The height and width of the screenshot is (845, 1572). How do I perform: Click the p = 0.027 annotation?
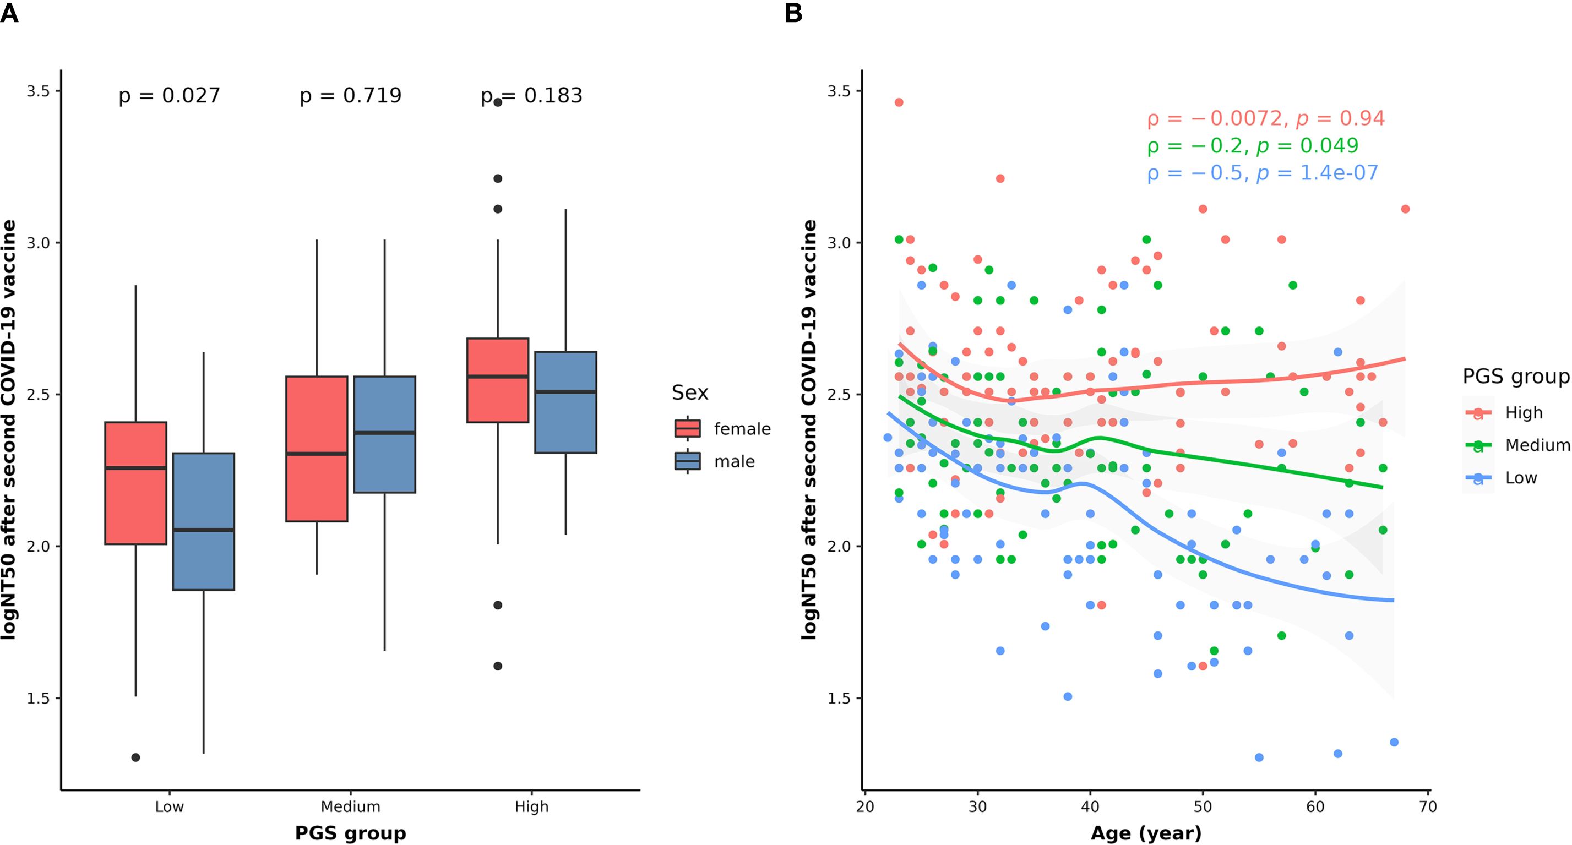coord(169,96)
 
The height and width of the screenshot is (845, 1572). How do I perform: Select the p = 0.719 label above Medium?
coord(350,96)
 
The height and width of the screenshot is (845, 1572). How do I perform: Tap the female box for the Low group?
coord(135,483)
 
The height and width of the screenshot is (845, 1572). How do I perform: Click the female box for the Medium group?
coord(317,449)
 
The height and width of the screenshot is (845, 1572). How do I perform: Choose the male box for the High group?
coord(565,402)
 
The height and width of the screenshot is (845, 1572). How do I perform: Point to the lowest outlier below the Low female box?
coord(135,757)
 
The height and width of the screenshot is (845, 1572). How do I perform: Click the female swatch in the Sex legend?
coord(688,428)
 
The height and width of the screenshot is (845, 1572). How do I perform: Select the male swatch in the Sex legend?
coord(688,461)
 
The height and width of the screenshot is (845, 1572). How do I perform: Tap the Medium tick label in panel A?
coord(350,806)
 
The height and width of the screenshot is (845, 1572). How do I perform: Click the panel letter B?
coord(793,13)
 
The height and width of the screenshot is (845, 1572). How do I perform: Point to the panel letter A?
coord(9,13)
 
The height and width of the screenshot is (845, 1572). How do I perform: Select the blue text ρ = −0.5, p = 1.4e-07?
coord(1262,173)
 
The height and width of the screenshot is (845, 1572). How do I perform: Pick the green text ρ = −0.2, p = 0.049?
coord(1252,146)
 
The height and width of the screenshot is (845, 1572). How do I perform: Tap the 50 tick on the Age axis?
coord(1202,806)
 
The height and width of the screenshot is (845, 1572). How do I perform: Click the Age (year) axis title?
coord(1145,833)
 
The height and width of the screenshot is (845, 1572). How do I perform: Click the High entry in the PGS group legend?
coord(1523,413)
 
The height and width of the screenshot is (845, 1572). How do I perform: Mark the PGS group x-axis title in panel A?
coord(350,833)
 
